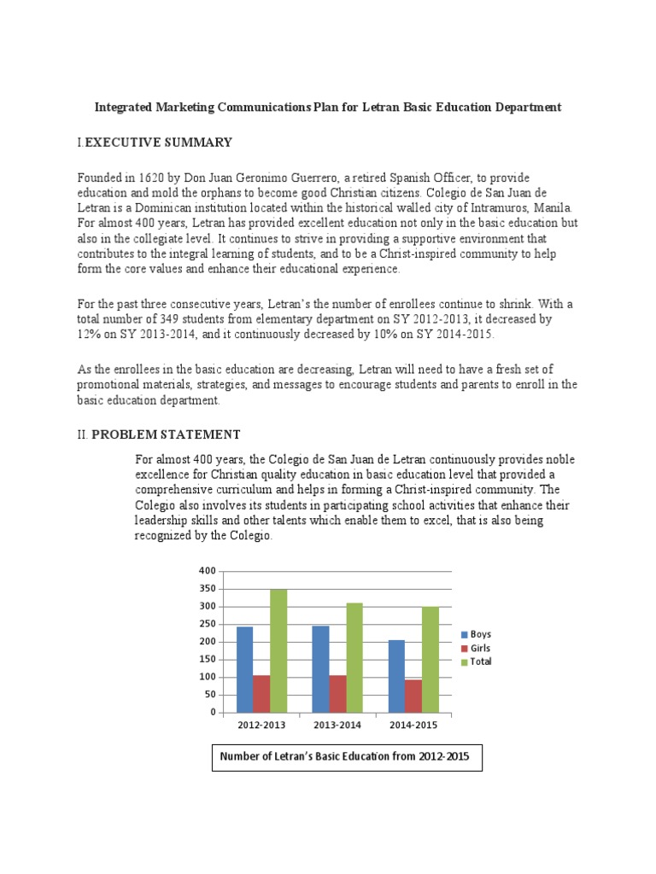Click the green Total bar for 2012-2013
(278, 650)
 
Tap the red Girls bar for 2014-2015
(413, 696)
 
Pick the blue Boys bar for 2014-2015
(396, 676)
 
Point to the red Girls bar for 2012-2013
(261, 694)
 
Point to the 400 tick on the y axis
(207, 571)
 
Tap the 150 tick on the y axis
(207, 660)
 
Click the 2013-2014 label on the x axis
(337, 725)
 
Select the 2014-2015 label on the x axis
(413, 725)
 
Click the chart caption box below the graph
(347, 757)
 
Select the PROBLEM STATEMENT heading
(166, 434)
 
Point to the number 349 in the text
(167, 319)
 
